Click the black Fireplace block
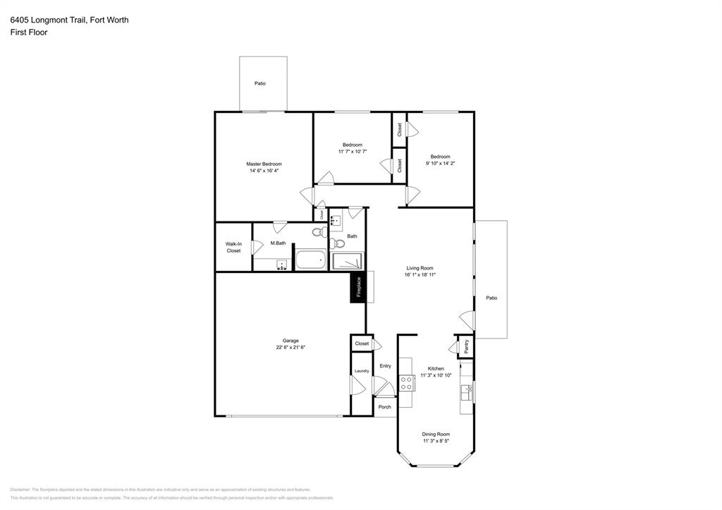click(358, 287)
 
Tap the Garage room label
click(290, 341)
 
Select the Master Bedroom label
click(264, 164)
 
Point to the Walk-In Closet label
click(233, 248)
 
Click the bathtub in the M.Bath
click(310, 260)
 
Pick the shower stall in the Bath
click(348, 261)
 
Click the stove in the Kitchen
click(406, 382)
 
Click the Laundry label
click(362, 371)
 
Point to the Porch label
click(385, 407)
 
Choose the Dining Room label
click(436, 435)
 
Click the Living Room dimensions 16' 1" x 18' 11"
click(421, 275)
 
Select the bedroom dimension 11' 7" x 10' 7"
click(353, 152)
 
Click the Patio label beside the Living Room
click(491, 298)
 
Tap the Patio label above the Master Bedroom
click(260, 84)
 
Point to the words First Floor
click(29, 32)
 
